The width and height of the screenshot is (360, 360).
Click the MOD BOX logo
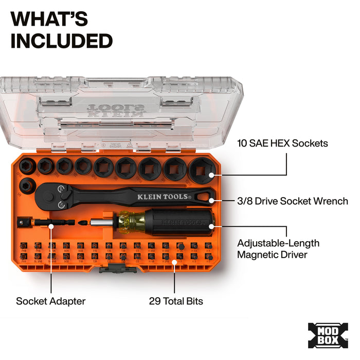pyautogui.click(x=328, y=335)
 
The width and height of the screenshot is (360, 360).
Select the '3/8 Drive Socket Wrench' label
pyautogui.click(x=293, y=201)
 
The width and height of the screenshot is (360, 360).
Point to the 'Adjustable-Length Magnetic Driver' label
pyautogui.click(x=278, y=248)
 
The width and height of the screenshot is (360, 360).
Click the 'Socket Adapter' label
pyautogui.click(x=50, y=301)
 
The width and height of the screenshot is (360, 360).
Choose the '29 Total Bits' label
pyautogui.click(x=176, y=301)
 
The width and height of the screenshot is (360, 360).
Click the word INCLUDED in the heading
pyautogui.click(x=61, y=41)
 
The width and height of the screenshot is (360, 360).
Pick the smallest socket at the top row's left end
pyautogui.click(x=26, y=166)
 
